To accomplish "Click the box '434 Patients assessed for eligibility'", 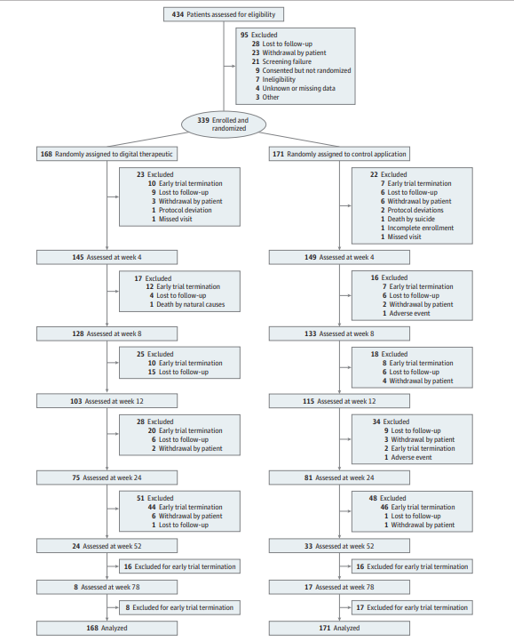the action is [x=223, y=14].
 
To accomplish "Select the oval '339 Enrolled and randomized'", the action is [x=223, y=124].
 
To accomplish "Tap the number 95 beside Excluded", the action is [x=244, y=35].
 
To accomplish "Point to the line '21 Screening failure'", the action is [x=281, y=61].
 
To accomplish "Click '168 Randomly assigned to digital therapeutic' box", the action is [x=107, y=154].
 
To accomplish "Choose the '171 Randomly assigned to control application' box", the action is [x=339, y=154].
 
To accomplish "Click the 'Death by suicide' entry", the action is [x=411, y=219].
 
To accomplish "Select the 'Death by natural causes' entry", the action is [x=191, y=304].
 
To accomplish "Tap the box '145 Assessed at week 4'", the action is [x=107, y=257].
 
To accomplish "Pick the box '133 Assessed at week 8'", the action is [x=339, y=333].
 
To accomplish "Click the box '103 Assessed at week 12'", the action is [x=107, y=401].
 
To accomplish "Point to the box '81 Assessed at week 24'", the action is [x=339, y=477].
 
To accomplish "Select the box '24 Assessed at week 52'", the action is [x=107, y=546].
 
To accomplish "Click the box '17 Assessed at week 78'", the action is [x=339, y=587].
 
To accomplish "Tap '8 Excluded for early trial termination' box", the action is [x=179, y=607].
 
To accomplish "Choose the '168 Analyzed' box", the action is [x=107, y=628].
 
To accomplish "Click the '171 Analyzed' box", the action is [x=339, y=628].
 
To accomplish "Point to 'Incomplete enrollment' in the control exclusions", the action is [x=421, y=228].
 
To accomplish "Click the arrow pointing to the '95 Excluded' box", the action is [x=229, y=66].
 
